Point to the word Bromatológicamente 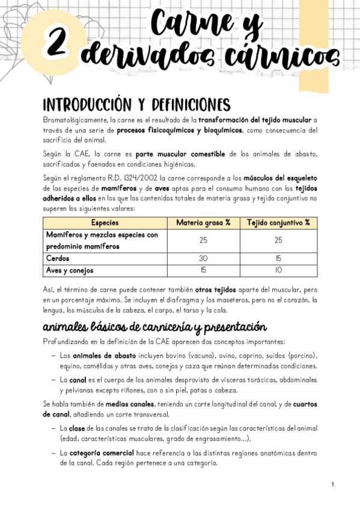[75, 120]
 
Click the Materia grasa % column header [203, 223]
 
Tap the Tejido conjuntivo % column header [279, 223]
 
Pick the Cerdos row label [58, 258]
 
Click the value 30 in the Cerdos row [203, 258]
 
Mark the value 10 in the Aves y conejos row [279, 270]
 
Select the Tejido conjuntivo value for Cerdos [279, 258]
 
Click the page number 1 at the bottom [332, 484]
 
